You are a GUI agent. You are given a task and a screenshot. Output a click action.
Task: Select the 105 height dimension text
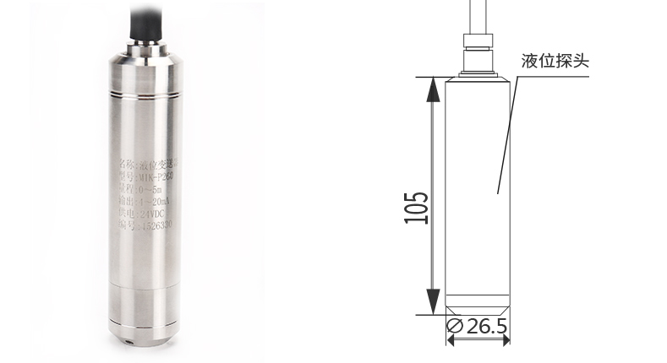pyautogui.click(x=417, y=208)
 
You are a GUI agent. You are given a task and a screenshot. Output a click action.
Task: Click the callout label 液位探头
pyautogui.click(x=555, y=62)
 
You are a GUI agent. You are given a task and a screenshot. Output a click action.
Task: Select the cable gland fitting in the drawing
pyautogui.click(x=479, y=52)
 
